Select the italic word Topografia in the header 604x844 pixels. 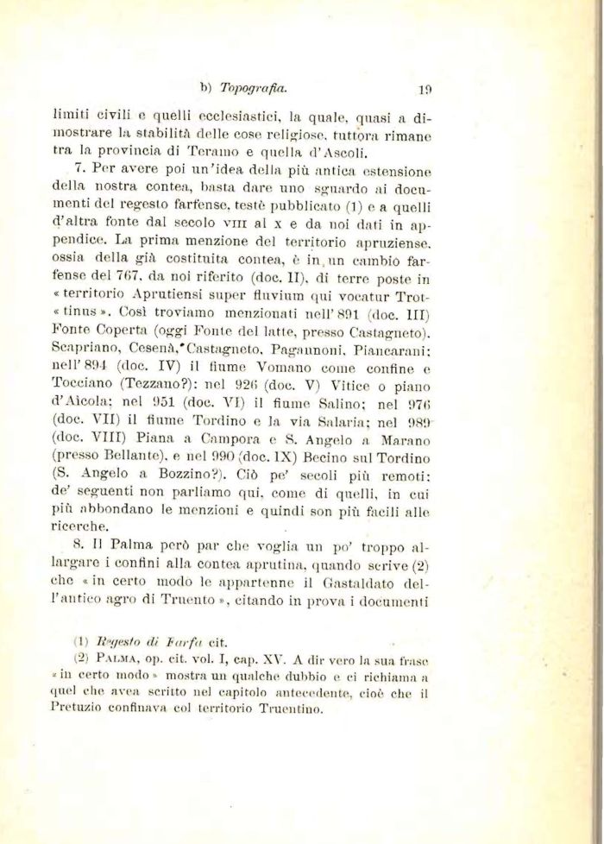tap(254, 87)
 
